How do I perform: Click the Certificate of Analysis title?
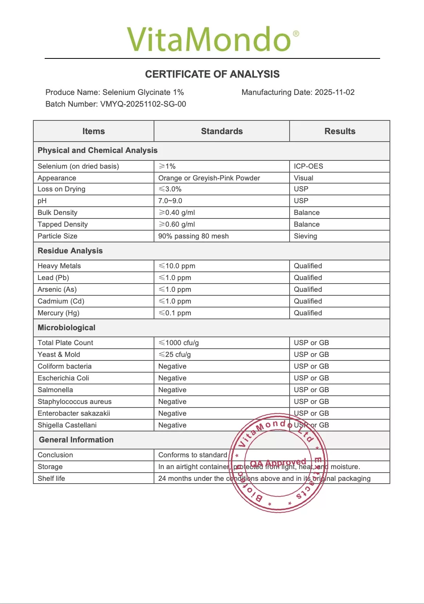[212, 74]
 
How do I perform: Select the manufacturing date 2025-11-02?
[335, 92]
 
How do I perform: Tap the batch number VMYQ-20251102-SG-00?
[143, 104]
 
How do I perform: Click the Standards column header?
[222, 131]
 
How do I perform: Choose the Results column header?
[340, 131]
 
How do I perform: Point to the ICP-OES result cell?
[308, 166]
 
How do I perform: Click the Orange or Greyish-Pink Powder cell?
[209, 178]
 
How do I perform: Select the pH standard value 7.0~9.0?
[170, 201]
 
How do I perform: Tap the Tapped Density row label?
[63, 224]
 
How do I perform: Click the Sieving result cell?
[305, 236]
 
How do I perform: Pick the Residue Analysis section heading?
[70, 251]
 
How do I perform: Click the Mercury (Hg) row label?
[58, 313]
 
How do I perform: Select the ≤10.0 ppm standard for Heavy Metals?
[177, 266]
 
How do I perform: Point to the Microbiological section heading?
[67, 328]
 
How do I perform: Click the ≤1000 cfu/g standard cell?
[178, 343]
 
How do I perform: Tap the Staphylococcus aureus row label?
[74, 402]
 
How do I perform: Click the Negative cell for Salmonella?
[172, 390]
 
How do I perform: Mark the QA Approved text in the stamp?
[278, 463]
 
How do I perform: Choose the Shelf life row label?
[51, 478]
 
